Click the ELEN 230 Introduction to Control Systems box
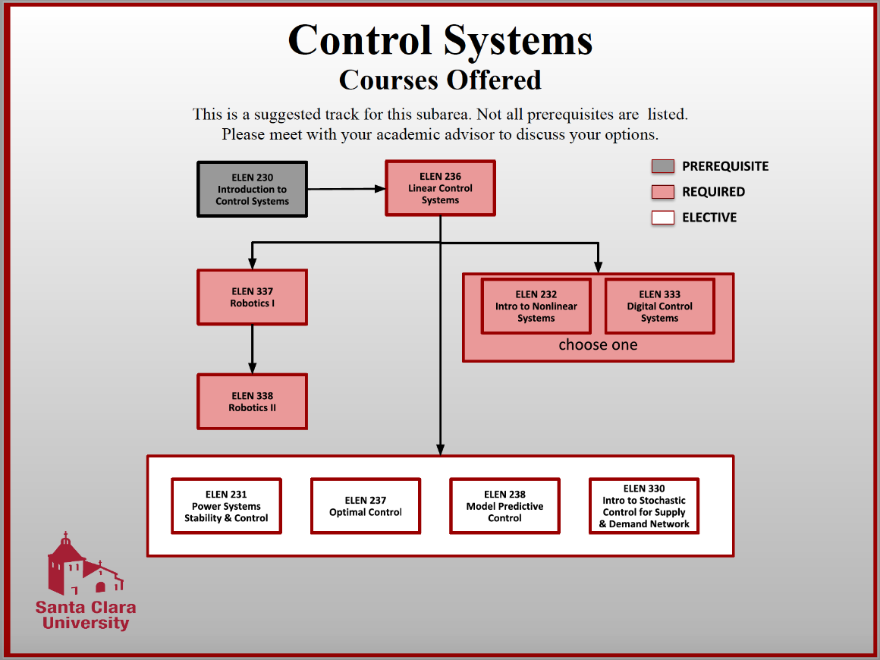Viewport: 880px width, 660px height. (252, 190)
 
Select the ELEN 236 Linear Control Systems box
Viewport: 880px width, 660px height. (440, 188)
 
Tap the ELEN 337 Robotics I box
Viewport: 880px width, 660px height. (252, 297)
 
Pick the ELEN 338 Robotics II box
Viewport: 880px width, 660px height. (252, 401)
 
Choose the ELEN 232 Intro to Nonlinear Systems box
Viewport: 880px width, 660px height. (536, 306)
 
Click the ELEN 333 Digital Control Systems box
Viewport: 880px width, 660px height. (659, 306)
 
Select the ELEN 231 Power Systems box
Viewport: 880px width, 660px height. (226, 506)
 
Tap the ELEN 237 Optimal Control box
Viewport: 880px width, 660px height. (366, 506)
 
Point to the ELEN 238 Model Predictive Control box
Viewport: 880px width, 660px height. (504, 506)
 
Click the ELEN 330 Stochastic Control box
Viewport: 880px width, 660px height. (644, 506)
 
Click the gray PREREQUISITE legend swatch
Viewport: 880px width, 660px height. (662, 167)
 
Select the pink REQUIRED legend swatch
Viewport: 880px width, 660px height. (662, 192)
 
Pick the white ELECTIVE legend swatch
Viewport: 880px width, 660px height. (662, 218)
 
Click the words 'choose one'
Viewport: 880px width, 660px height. (598, 345)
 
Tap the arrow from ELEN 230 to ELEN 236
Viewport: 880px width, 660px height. (346, 189)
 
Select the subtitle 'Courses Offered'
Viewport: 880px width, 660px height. (440, 80)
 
